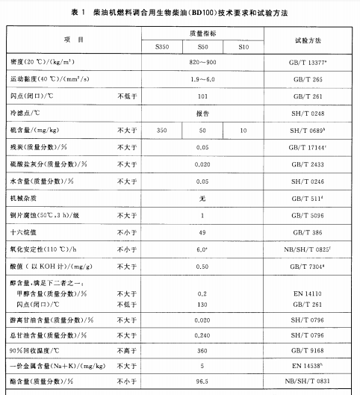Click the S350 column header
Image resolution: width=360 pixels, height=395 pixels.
click(162, 48)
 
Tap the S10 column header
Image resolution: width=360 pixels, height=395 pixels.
click(243, 48)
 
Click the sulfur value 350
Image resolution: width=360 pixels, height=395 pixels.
click(162, 131)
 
